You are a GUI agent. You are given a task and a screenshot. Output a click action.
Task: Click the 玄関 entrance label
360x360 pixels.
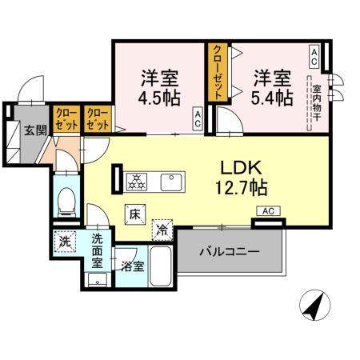(x=34, y=130)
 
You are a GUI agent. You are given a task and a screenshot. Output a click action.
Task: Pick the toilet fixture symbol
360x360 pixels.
(x=65, y=200)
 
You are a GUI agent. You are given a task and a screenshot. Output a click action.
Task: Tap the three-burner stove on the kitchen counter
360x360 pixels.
(x=137, y=181)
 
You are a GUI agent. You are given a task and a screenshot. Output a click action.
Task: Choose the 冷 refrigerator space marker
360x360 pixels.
(x=162, y=230)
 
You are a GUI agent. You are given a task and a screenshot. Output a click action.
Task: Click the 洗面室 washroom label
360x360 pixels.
(x=98, y=249)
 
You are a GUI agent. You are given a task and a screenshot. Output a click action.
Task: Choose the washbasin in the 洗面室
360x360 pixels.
(x=98, y=280)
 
